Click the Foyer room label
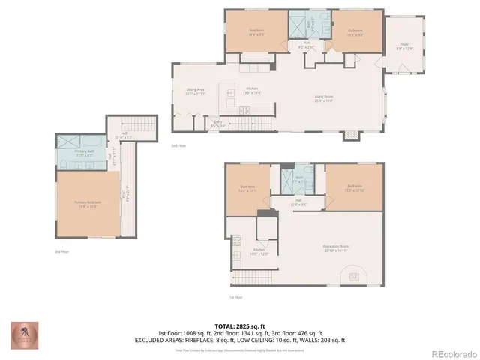click(403, 46)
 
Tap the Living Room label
click(324, 97)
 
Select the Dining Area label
click(196, 92)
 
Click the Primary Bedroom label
click(88, 205)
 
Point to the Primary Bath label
click(83, 153)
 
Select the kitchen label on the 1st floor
click(259, 251)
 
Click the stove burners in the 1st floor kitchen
click(237, 242)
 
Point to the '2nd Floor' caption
click(178, 145)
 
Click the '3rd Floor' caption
click(61, 251)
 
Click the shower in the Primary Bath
click(71, 140)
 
